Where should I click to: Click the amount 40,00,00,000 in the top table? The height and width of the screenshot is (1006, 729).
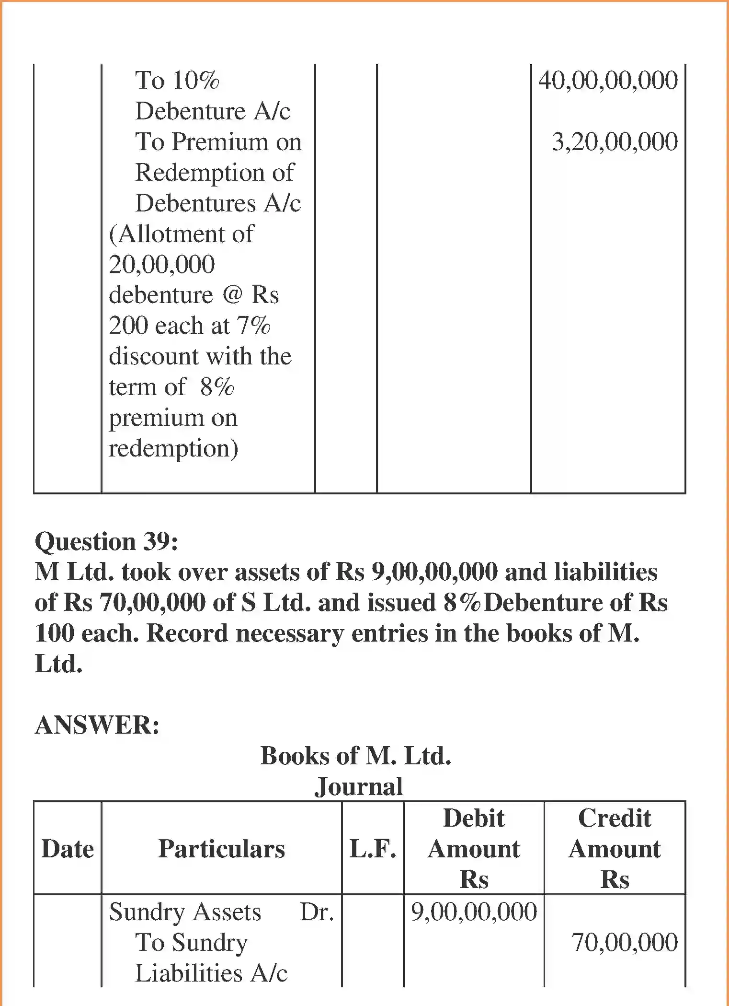608,80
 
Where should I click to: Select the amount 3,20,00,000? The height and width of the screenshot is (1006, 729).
615,142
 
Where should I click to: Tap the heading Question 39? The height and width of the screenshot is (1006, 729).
106,542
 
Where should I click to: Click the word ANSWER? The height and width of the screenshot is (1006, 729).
97,725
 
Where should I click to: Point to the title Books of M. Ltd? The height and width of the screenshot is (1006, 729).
355,756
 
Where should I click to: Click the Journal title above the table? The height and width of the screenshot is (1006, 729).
358,787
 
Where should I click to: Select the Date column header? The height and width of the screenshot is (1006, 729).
68,849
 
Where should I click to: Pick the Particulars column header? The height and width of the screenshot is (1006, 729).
221,849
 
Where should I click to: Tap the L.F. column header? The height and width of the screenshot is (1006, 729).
373,849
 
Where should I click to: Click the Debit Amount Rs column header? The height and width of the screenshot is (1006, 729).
474,849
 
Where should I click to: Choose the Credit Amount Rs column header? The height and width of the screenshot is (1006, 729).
615,849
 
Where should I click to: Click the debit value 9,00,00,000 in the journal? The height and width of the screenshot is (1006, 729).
474,912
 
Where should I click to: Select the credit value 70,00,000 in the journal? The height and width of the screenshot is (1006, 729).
625,943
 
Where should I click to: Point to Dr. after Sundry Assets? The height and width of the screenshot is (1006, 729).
317,912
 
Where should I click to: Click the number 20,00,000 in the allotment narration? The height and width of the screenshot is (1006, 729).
162,265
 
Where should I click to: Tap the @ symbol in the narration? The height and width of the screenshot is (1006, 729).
233,294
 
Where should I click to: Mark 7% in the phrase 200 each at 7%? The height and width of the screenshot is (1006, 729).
254,326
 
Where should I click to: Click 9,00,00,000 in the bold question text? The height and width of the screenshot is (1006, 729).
434,573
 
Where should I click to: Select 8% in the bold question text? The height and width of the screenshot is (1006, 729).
462,603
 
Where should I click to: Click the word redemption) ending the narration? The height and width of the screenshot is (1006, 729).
173,449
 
